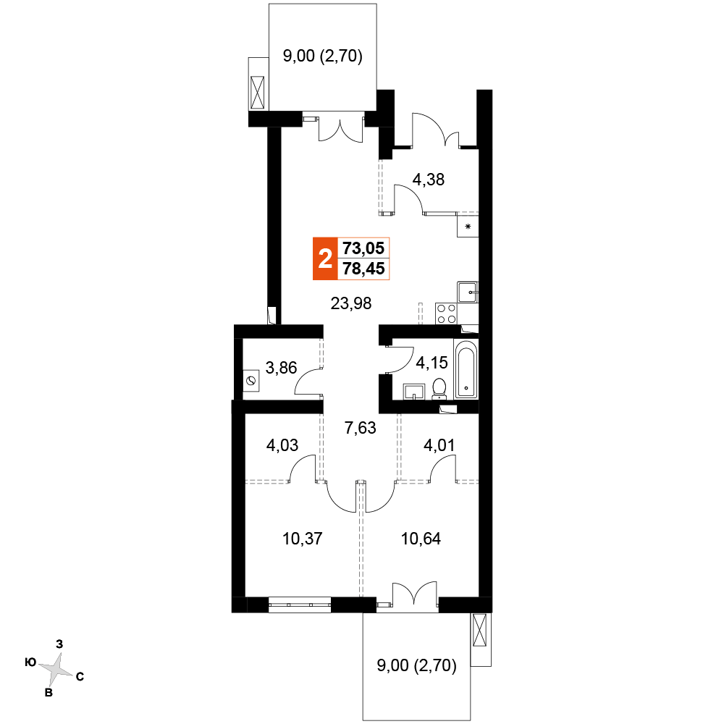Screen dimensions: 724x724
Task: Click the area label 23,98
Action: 351,304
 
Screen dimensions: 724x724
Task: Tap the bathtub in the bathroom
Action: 466,369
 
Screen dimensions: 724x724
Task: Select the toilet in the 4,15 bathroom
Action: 439,389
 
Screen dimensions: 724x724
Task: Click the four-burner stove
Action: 446,313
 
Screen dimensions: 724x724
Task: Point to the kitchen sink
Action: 467,292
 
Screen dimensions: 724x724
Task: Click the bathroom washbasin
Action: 415,391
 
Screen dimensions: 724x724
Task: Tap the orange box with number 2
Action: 325,258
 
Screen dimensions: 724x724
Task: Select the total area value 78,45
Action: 363,269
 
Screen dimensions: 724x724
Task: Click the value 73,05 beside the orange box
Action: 363,248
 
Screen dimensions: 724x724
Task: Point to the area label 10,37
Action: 303,539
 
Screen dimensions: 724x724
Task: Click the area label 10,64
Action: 421,539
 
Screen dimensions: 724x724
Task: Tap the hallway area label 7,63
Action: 360,428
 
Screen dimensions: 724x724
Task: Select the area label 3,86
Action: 281,368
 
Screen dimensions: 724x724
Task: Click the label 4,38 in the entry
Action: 428,180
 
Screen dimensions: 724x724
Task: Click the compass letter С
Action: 80,677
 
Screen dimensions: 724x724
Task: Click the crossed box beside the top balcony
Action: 257,93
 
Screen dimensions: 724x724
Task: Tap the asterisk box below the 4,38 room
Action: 468,226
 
